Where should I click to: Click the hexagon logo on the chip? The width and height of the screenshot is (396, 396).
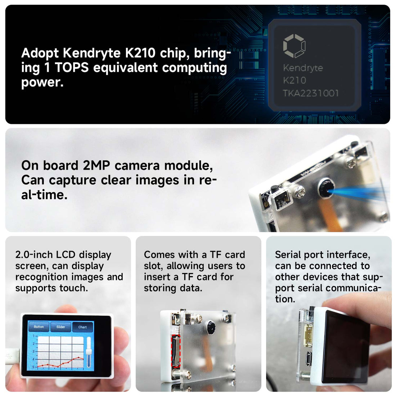pyautogui.click(x=294, y=46)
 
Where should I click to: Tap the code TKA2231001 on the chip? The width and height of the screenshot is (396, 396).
pyautogui.click(x=311, y=93)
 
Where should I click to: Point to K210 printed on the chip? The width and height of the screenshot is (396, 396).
pyautogui.click(x=294, y=80)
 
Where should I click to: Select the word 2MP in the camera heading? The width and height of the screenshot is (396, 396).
pyautogui.click(x=97, y=165)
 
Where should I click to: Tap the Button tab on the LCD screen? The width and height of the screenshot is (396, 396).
pyautogui.click(x=39, y=327)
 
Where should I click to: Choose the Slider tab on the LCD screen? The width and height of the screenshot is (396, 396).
pyautogui.click(x=61, y=327)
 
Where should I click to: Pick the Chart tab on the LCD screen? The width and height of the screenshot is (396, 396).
pyautogui.click(x=82, y=327)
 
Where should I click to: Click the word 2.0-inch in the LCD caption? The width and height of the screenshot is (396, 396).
pyautogui.click(x=34, y=255)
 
